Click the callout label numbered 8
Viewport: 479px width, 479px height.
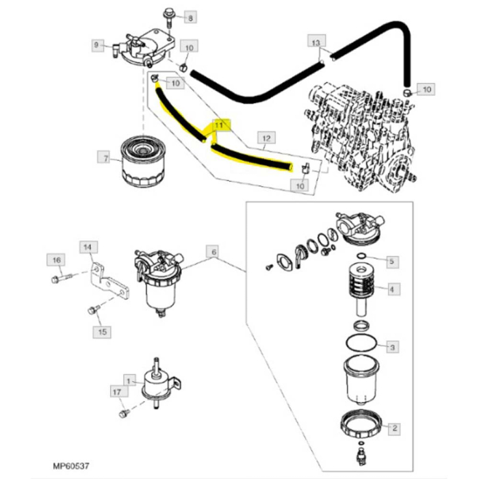pos(190,18)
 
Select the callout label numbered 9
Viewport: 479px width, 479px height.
pos(98,45)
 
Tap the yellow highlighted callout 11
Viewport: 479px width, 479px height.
pos(219,125)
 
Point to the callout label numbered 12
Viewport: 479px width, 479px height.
pos(266,138)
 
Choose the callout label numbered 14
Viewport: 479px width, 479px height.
pos(88,247)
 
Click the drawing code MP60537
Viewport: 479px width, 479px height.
pos(71,466)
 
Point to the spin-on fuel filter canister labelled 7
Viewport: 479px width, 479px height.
pos(142,162)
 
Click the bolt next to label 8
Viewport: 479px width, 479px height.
pos(168,21)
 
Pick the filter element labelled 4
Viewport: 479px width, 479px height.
pos(362,289)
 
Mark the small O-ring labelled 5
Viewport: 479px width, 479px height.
pos(361,255)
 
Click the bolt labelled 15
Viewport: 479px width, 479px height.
pos(93,309)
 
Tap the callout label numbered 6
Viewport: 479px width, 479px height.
pos(213,251)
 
